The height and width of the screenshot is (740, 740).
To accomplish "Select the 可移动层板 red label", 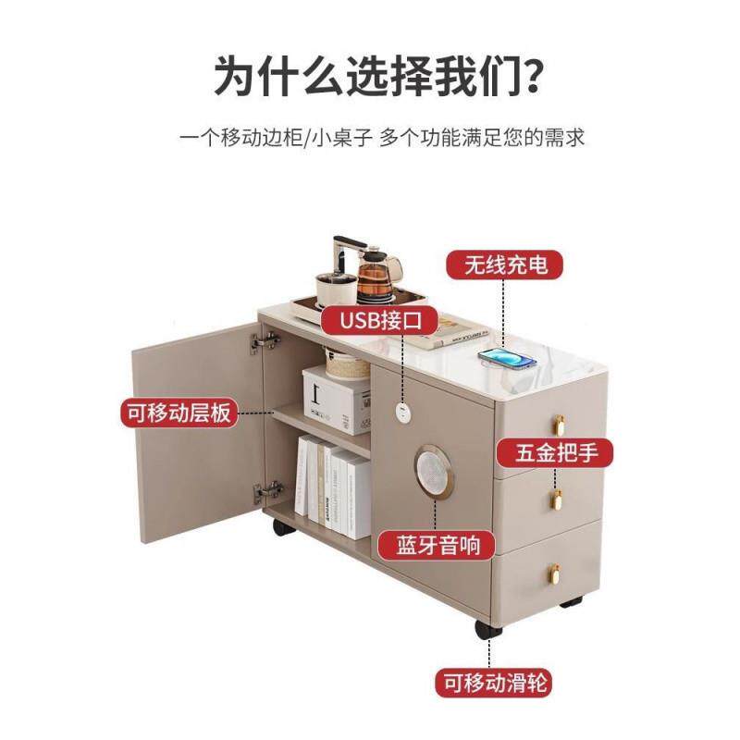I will point(179,413).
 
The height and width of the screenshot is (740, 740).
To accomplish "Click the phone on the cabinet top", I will point(507,358).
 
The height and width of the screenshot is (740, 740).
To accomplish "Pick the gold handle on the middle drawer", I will point(557,499).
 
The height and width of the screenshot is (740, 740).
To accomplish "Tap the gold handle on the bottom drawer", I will point(558,575).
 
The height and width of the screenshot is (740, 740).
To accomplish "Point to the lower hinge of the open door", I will point(268,491).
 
